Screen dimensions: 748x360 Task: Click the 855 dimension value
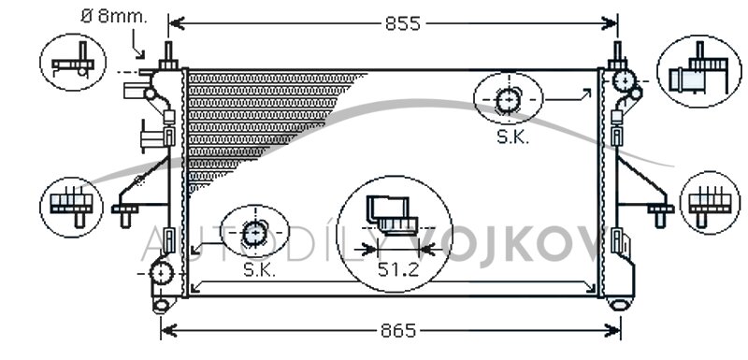pyautogui.click(x=403, y=23)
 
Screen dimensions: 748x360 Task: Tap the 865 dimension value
pyautogui.click(x=398, y=330)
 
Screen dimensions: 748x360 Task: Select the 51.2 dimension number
pyautogui.click(x=398, y=270)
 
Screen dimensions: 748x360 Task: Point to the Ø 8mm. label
pyautogui.click(x=114, y=16)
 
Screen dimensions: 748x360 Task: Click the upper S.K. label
pyautogui.click(x=513, y=137)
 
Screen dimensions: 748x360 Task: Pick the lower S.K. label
pyautogui.click(x=260, y=270)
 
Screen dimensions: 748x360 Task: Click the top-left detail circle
pyautogui.click(x=73, y=62)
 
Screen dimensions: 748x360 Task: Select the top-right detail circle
pyautogui.click(x=698, y=71)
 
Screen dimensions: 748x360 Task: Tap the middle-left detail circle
pyautogui.click(x=71, y=207)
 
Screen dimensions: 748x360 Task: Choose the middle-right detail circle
pyautogui.click(x=710, y=203)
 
